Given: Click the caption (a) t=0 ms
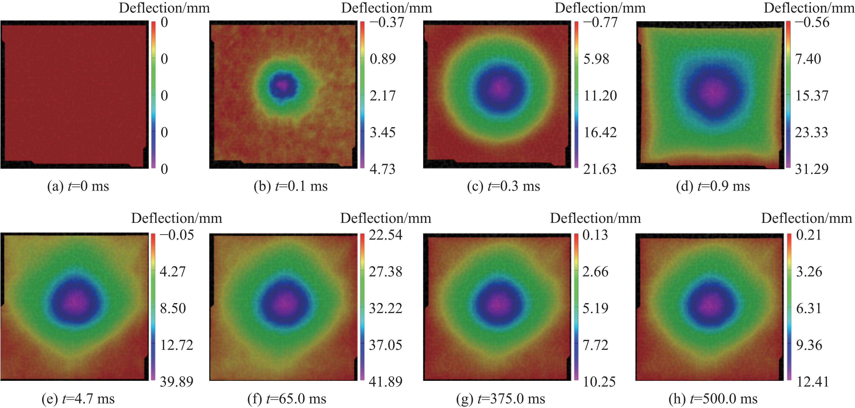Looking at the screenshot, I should pos(78,186).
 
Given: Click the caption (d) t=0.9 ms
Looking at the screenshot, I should pos(713,186).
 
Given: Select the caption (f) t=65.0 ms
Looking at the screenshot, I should pos(287,399).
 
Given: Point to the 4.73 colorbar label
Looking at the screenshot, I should pos(383,169).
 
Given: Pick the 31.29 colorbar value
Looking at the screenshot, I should pos(812,169).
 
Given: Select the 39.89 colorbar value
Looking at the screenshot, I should pos(176,382).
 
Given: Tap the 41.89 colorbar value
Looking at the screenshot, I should pos(385,382).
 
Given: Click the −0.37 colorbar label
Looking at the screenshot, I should pos(387,22).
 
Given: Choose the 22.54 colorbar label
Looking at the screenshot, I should pos(385,235).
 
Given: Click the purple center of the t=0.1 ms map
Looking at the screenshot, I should pos(283,85).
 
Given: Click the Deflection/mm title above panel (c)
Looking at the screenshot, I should pos(600,8).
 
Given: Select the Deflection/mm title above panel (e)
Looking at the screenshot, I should pos(176,218).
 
